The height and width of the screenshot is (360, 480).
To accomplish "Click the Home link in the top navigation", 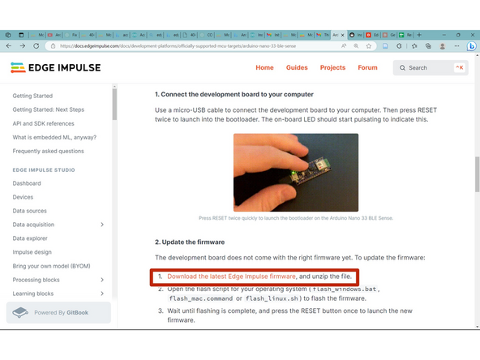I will [264, 68].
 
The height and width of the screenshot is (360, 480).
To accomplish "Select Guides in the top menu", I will [297, 68].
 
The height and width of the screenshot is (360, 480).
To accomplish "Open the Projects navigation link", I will [332, 68].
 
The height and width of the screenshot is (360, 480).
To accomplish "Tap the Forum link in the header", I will [368, 68].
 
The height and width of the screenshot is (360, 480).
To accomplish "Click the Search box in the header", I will [430, 68].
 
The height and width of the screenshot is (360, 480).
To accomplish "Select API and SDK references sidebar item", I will [43, 123].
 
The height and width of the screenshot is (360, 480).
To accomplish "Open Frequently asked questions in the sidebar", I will [48, 151].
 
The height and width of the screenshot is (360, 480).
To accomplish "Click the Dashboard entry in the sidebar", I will [27, 183].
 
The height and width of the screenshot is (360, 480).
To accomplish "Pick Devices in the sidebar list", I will [23, 197].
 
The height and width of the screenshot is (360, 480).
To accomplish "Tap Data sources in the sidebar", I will [30, 211].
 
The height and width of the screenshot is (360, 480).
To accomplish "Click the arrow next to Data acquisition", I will [102, 225].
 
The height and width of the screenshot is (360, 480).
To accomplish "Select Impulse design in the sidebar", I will [32, 252].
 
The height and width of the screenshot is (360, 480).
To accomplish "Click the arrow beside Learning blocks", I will [102, 294].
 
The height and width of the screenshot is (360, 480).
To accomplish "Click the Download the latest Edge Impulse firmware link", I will [231, 276].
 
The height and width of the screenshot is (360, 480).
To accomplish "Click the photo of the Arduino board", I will [296, 172].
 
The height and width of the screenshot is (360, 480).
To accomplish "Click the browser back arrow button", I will [10, 46].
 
